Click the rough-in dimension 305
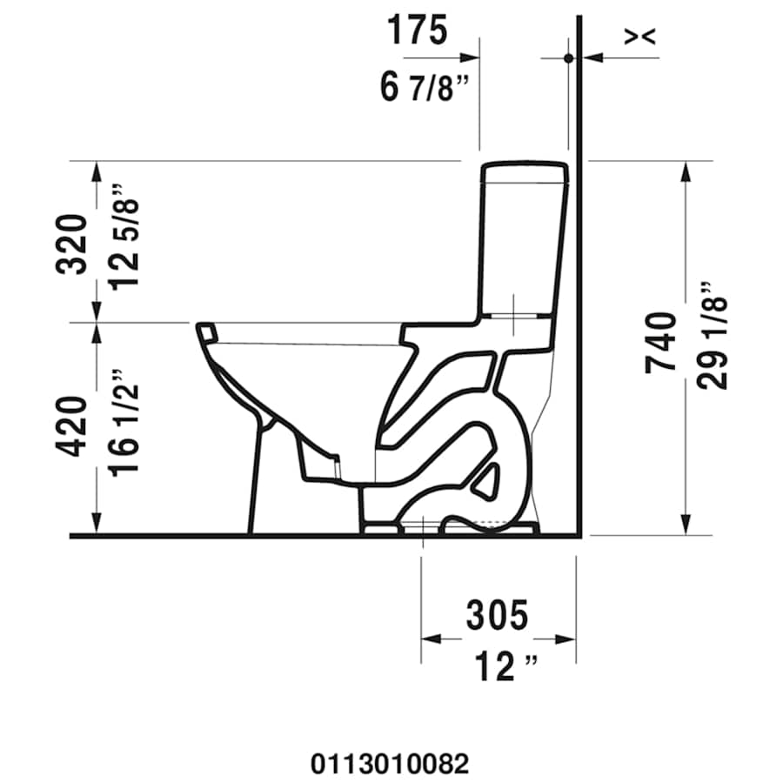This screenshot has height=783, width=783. point(497,616)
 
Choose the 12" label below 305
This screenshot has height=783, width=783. point(505,668)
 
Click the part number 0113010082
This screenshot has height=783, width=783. point(390,765)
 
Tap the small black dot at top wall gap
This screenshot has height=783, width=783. point(568,58)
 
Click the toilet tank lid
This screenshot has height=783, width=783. point(525,171)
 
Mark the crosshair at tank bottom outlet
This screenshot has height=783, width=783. point(514,315)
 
